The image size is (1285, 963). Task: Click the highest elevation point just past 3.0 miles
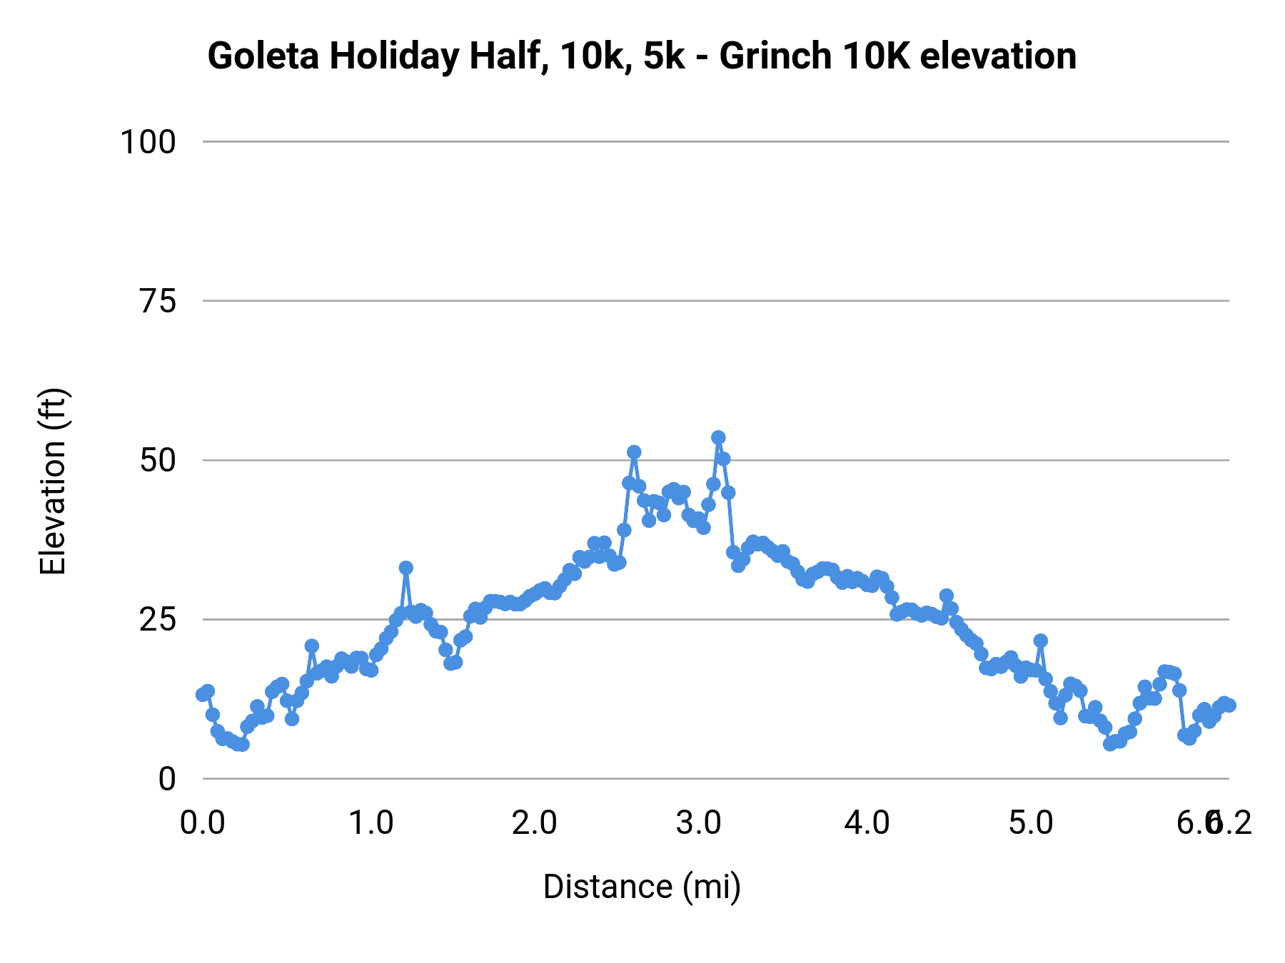coord(718,437)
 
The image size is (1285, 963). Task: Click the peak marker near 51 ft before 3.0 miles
coord(634,452)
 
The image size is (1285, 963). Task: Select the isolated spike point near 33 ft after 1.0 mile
coord(406,568)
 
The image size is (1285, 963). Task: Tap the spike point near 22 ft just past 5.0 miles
coord(1040,641)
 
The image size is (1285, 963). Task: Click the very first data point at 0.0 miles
coord(203,694)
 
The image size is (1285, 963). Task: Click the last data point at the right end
coord(1229,705)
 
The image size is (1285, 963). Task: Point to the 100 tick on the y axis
coord(148,142)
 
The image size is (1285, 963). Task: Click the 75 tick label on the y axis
coord(158,301)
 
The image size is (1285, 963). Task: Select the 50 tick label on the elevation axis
coord(158,460)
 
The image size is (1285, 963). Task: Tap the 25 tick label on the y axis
coord(158,620)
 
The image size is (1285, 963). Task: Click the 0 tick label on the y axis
coord(167,779)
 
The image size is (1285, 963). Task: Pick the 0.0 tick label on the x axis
coord(203,823)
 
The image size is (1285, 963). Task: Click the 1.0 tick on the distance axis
coord(371,823)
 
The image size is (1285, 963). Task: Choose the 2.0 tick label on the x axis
coord(535,823)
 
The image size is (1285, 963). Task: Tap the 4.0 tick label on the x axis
coord(867,823)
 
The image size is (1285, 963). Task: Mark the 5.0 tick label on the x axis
coord(1031,823)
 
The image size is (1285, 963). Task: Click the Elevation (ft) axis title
coord(53,481)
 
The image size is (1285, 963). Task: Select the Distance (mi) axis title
coord(642,887)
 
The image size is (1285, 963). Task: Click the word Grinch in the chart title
coord(775,56)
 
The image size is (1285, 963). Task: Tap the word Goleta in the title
coord(263,56)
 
